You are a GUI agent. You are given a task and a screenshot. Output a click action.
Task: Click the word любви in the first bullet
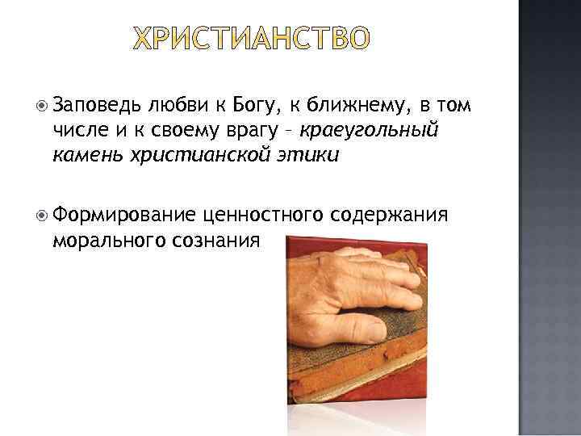(173, 104)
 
